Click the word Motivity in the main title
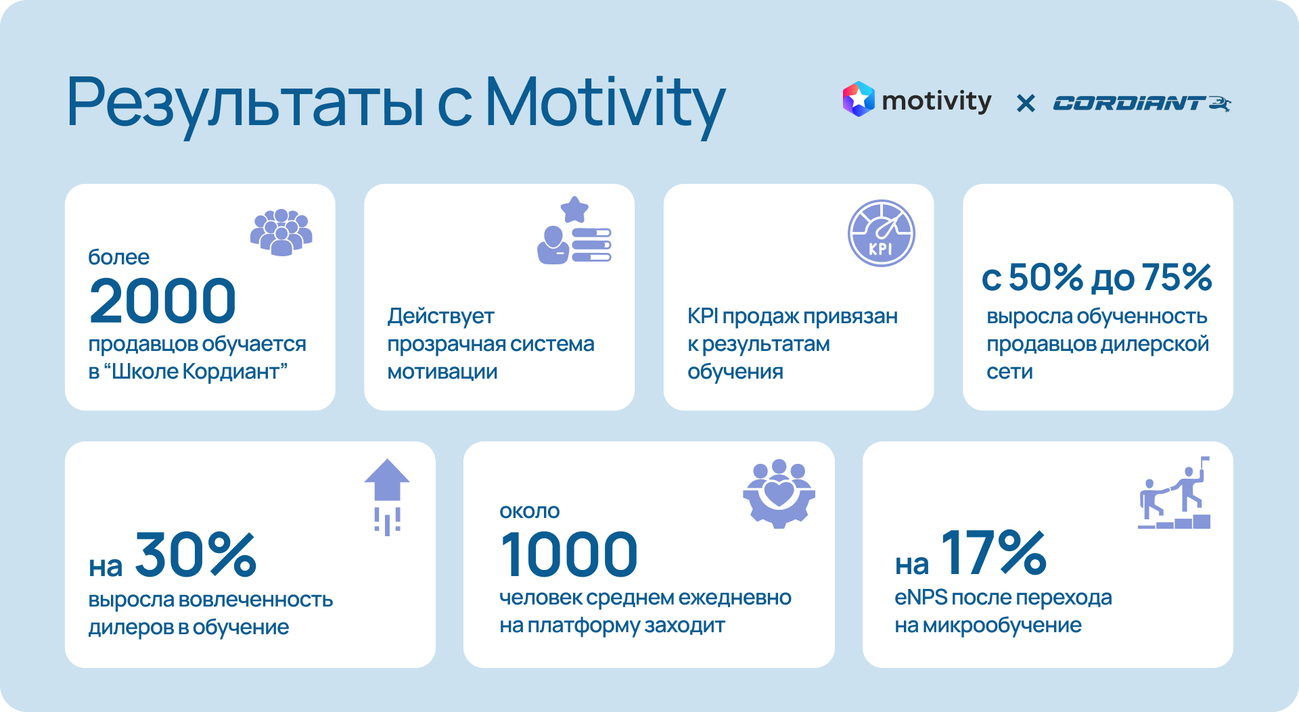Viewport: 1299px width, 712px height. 606,105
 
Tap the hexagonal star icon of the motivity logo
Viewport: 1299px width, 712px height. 859,99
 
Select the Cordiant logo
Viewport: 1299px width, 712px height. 1142,103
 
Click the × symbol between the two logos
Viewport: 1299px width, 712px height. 1026,103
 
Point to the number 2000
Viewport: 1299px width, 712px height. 162,301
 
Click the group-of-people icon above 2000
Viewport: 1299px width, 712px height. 281,233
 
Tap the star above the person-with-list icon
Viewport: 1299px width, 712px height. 574,210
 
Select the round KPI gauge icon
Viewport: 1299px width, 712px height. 882,233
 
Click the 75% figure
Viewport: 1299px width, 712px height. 1177,277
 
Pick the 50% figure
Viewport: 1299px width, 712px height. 1045,277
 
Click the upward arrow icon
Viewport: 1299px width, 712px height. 387,497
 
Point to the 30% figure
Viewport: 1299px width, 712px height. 196,555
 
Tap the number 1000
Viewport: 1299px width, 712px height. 568,554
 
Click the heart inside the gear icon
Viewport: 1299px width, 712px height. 779,492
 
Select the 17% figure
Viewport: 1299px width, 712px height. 994,553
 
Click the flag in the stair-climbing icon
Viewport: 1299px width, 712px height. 1205,460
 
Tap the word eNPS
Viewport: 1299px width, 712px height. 921,598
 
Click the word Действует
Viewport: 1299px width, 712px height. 440,316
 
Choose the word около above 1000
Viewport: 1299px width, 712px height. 530,512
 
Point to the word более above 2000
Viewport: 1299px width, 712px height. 119,257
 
